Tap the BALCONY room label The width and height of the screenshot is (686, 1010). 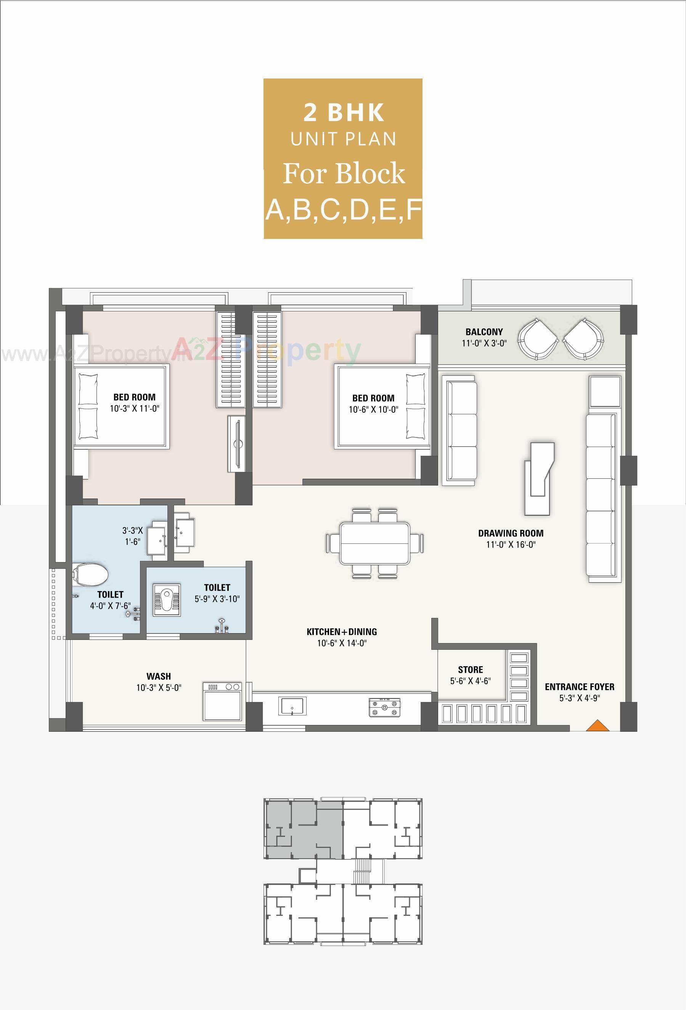[x=484, y=332]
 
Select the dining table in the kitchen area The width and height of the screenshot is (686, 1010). [x=375, y=543]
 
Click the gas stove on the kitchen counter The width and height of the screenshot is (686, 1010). [x=384, y=707]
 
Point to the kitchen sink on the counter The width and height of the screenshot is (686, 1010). [x=292, y=706]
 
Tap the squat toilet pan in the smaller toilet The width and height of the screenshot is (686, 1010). [x=167, y=600]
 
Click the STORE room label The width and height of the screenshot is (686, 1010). [x=471, y=670]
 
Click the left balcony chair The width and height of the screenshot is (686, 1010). [x=538, y=340]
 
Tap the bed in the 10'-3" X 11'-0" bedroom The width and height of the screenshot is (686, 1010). [x=121, y=406]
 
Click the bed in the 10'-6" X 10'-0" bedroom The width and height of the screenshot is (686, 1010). [x=382, y=406]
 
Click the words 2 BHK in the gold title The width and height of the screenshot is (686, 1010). [x=344, y=112]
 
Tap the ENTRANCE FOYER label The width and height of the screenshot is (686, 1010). [x=580, y=687]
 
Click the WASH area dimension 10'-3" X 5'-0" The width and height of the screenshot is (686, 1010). [x=158, y=688]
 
